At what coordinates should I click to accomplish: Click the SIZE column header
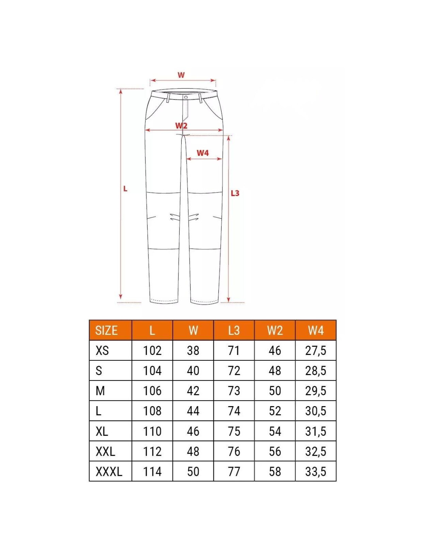pos(106,331)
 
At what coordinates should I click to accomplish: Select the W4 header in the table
pos(316,331)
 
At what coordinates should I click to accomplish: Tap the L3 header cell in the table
pos(234,331)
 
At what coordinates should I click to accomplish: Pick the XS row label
pos(102,351)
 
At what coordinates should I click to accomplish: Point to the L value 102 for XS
pos(152,351)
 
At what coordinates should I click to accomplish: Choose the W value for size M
pos(193,391)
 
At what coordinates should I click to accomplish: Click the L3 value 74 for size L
pos(234,411)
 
